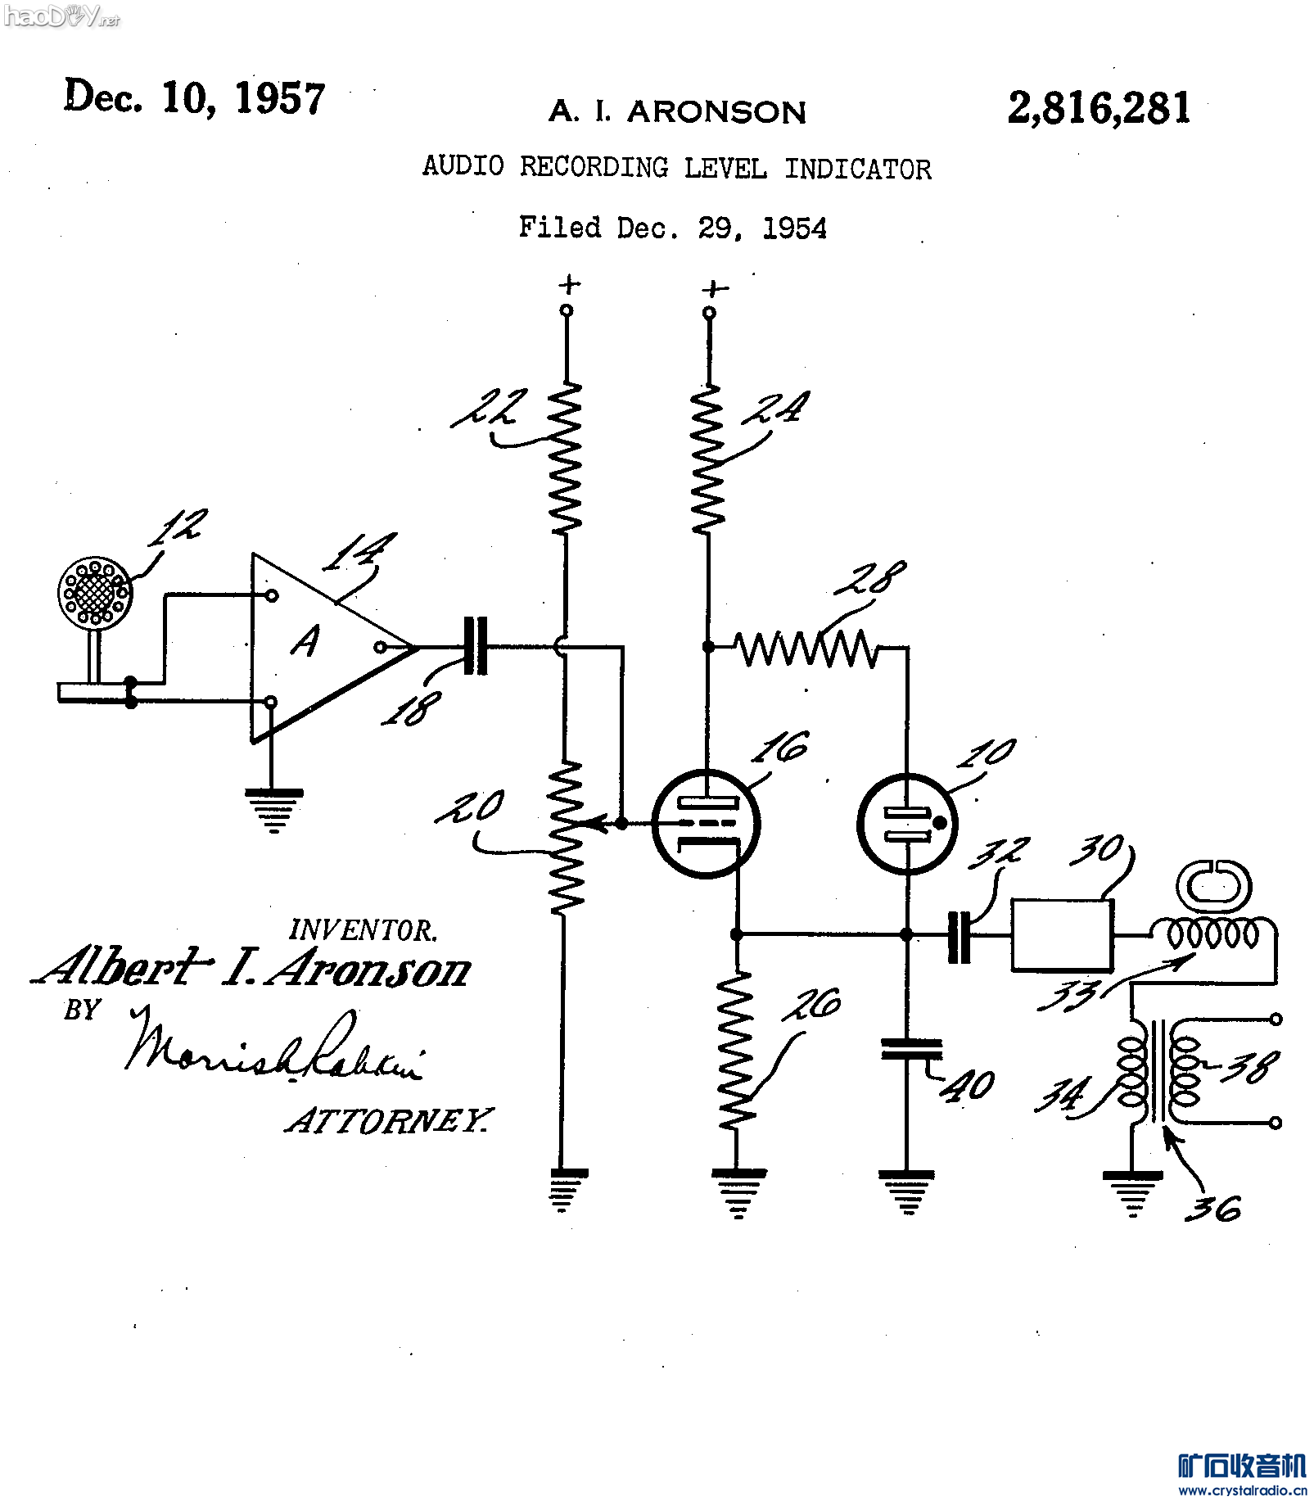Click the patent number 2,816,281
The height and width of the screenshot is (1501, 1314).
coord(1099,107)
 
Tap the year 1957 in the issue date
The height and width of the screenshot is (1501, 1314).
coord(280,98)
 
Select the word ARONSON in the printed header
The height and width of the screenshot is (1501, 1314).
coord(716,112)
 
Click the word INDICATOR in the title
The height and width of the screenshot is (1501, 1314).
coord(857,170)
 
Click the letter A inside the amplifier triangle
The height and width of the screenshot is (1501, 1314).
coord(306,641)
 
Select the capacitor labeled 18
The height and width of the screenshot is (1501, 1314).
coord(475,646)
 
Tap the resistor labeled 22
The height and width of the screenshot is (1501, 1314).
coord(565,459)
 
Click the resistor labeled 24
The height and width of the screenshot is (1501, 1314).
coord(708,459)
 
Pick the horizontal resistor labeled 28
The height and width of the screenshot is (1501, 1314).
coord(807,648)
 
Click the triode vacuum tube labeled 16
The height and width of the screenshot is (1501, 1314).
coord(706,823)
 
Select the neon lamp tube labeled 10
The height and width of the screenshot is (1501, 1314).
coord(907,823)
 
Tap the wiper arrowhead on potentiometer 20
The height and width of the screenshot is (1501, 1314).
coord(599,823)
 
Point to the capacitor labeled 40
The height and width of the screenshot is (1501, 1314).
coord(910,1049)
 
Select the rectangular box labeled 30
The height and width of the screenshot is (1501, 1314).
coord(1061,935)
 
